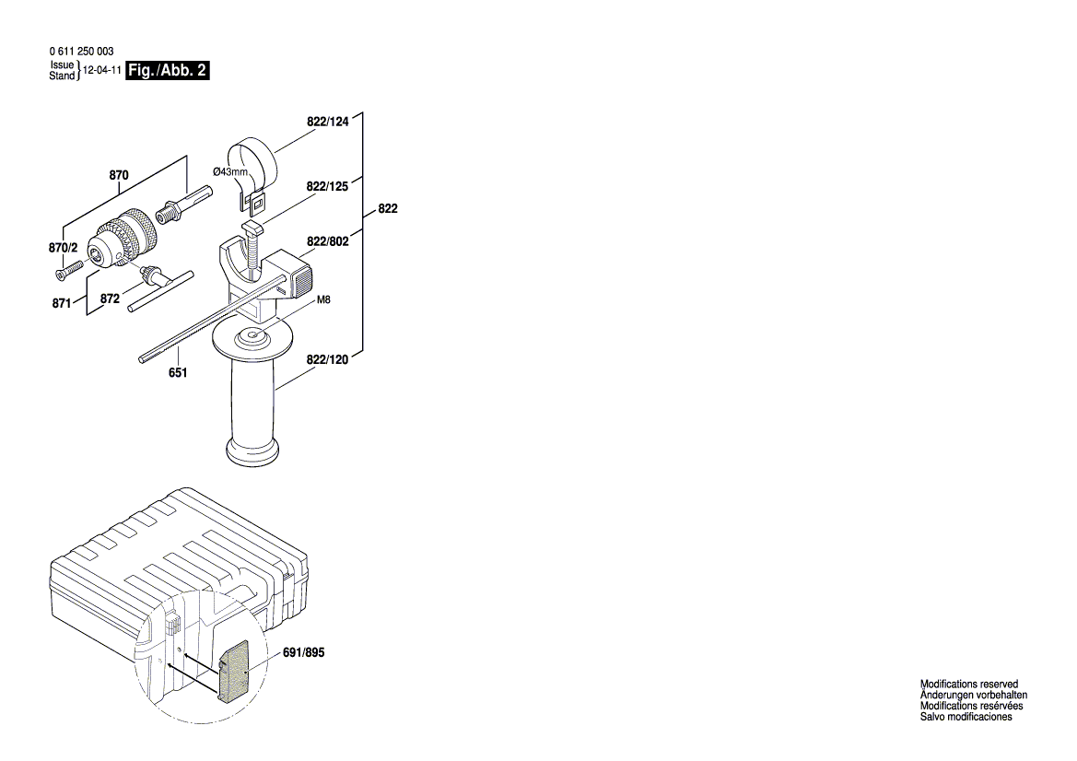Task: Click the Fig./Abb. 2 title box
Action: coord(168,71)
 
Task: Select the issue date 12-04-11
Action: coord(101,71)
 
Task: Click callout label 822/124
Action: coord(328,121)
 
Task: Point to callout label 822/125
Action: coord(327,186)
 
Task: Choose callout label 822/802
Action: coord(327,241)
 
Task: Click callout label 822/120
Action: coord(327,360)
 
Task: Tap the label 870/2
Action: coord(64,248)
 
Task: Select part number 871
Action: coord(62,302)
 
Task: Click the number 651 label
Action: coord(178,372)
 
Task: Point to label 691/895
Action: coord(304,652)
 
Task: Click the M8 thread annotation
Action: coord(323,300)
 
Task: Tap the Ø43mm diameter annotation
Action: coord(229,172)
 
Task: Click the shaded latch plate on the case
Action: coord(235,670)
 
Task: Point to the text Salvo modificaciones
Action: coord(966,717)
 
